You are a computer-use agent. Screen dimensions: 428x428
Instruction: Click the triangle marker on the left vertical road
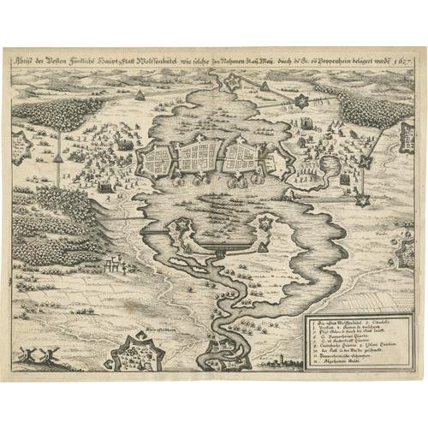58,158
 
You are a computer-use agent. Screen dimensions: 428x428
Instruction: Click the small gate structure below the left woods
110,266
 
